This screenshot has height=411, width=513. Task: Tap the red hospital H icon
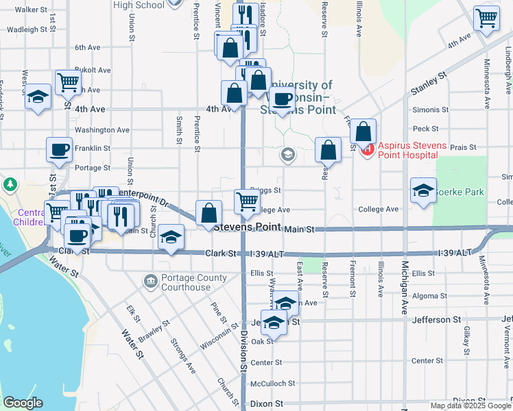(367, 147)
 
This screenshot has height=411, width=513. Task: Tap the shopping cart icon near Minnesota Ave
(486, 19)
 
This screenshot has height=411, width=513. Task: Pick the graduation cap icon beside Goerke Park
(423, 191)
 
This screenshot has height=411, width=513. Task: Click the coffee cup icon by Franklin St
(59, 149)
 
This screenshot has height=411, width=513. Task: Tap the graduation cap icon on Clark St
(171, 237)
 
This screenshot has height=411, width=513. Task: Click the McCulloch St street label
(272, 384)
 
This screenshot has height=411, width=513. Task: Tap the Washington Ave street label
(102, 129)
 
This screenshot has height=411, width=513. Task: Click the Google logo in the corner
(23, 403)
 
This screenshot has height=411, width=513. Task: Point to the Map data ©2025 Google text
(470, 406)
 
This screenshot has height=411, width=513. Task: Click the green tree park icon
(10, 184)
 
